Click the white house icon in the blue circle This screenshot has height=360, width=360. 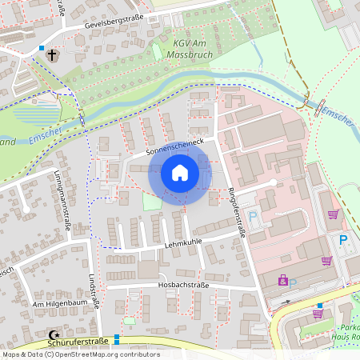click(179, 173)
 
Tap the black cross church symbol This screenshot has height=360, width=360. click(53, 55)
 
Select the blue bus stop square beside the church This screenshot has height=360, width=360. click(42, 48)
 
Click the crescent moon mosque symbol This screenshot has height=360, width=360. click(54, 335)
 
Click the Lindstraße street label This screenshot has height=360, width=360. click(94, 290)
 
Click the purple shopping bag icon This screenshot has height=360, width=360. click(282, 280)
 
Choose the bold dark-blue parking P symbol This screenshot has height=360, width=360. click(343, 240)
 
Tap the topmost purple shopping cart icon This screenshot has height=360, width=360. click(333, 214)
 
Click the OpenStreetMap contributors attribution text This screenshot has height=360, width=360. click(82, 354)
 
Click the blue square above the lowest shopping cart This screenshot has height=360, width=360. click(320, 306)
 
